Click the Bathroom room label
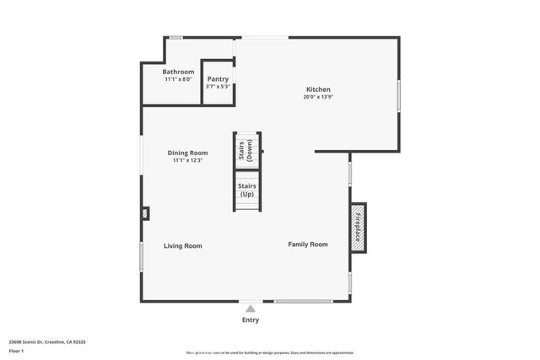178,73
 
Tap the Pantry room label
218,78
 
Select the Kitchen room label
318,89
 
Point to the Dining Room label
187,153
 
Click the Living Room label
183,246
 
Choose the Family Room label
308,244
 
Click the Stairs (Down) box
246,149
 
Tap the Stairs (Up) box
246,190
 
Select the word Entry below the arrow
251,320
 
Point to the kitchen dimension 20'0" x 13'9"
318,97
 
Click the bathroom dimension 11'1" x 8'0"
178,80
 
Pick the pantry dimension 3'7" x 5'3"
218,86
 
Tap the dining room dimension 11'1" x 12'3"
187,160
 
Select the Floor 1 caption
16,352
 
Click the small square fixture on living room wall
145,213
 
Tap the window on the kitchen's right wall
398,94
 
